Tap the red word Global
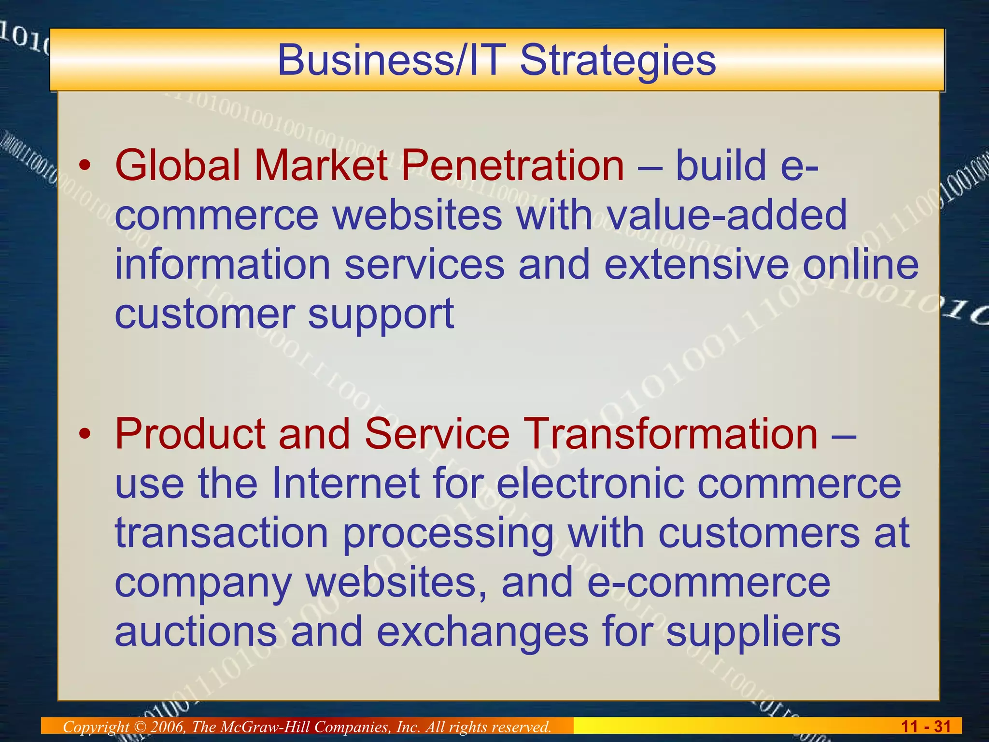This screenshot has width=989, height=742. [x=177, y=165]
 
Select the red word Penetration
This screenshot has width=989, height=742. [x=513, y=165]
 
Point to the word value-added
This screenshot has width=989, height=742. [x=727, y=214]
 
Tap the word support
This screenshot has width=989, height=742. [x=381, y=315]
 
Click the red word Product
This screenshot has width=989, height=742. [x=190, y=433]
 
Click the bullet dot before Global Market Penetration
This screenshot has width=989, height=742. [x=85, y=167]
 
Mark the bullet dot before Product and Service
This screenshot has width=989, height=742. [x=85, y=434]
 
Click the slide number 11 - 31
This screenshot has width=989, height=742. [x=926, y=727]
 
